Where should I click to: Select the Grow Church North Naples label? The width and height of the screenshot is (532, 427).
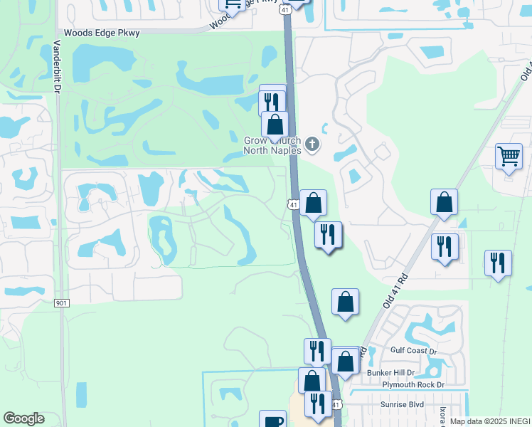point(272,145)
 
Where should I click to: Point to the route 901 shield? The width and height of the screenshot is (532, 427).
point(61,303)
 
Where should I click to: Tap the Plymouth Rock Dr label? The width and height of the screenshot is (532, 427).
point(413,384)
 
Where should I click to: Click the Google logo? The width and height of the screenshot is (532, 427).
point(23,418)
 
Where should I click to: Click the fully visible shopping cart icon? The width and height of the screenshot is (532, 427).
point(509,155)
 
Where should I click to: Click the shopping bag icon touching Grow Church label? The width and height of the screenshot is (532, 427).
point(275,124)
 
